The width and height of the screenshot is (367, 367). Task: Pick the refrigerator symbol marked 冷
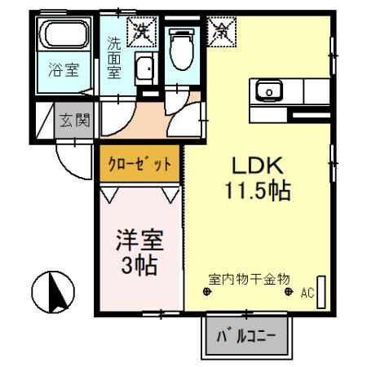pos(222,32)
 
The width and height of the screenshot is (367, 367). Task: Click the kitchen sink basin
pos(269,89)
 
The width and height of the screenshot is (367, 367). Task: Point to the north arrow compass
pos(53,290)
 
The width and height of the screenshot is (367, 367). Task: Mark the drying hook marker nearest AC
pos(288,291)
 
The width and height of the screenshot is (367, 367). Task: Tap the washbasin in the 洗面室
pos(146,70)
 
